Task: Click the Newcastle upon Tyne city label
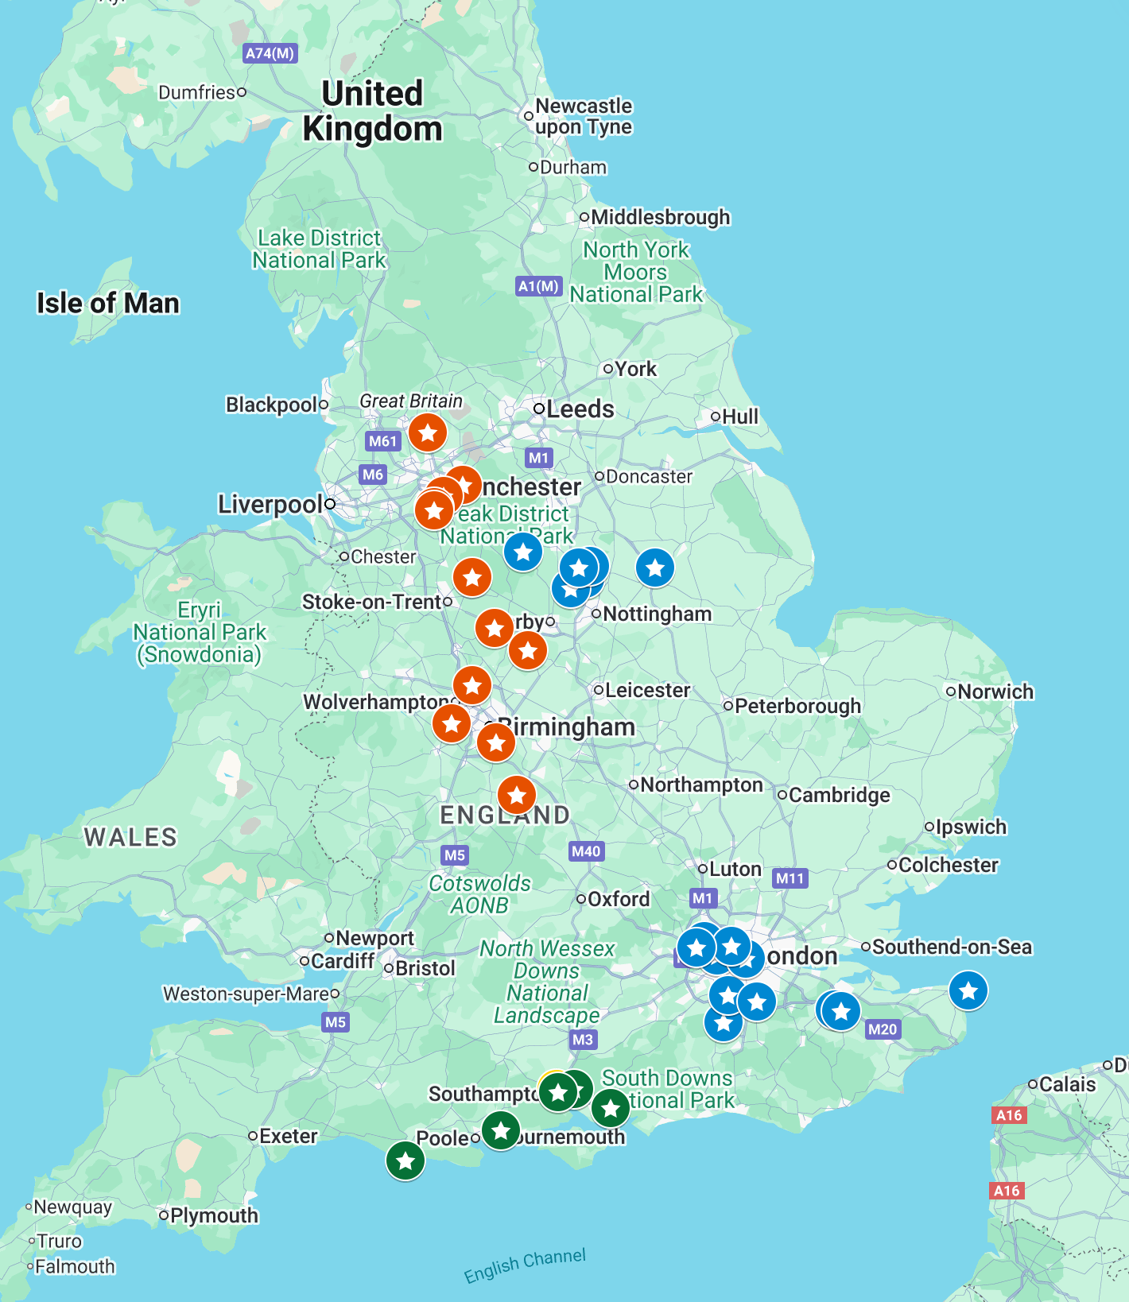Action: pyautogui.click(x=583, y=116)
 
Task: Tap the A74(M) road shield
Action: pyautogui.click(x=270, y=53)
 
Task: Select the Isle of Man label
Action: pyautogui.click(x=108, y=303)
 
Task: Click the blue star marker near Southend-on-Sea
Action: pyautogui.click(x=968, y=990)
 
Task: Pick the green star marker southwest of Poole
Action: pyautogui.click(x=405, y=1161)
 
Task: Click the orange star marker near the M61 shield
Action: pyautogui.click(x=428, y=433)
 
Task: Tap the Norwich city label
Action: pyautogui.click(x=995, y=692)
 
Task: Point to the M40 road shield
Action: pyautogui.click(x=586, y=851)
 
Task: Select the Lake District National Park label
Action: pyautogui.click(x=319, y=249)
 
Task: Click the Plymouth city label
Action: pyautogui.click(x=213, y=1215)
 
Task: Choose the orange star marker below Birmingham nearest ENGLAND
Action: pyautogui.click(x=517, y=794)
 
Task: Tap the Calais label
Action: pyautogui.click(x=1067, y=1084)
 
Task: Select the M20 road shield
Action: pyautogui.click(x=883, y=1029)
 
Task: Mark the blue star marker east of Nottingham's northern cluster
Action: pyautogui.click(x=655, y=568)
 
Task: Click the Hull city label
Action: pyautogui.click(x=739, y=417)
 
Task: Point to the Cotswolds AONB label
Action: pyautogui.click(x=479, y=894)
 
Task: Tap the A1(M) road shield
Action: pyautogui.click(x=539, y=286)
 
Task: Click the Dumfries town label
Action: pyautogui.click(x=197, y=92)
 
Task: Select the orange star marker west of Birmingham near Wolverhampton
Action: pyautogui.click(x=452, y=723)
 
